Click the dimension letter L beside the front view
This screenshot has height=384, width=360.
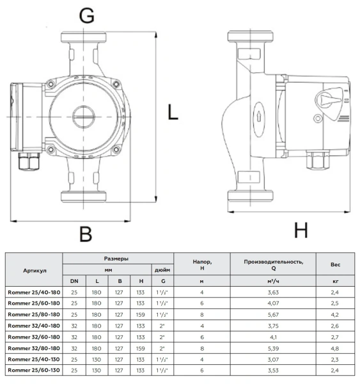pyautogui.click(x=173, y=113)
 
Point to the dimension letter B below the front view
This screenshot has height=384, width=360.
pyautogui.click(x=85, y=234)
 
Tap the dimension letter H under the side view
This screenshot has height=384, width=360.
pyautogui.click(x=301, y=229)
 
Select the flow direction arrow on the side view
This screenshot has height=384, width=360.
pyautogui.click(x=257, y=116)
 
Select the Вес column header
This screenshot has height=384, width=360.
pyautogui.click(x=335, y=264)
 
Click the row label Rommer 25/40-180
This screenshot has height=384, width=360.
pyautogui.click(x=33, y=292)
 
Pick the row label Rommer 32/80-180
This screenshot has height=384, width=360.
pyautogui.click(x=33, y=348)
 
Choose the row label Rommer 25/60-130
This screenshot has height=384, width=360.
pyautogui.click(x=33, y=371)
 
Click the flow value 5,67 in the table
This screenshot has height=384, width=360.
pyautogui.click(x=273, y=314)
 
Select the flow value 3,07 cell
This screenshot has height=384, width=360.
pyautogui.click(x=273, y=359)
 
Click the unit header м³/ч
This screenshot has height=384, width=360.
pyautogui.click(x=273, y=281)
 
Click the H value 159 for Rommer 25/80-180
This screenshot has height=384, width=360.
pyautogui.click(x=140, y=314)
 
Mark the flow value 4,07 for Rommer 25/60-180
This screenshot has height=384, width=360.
pyautogui.click(x=273, y=303)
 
